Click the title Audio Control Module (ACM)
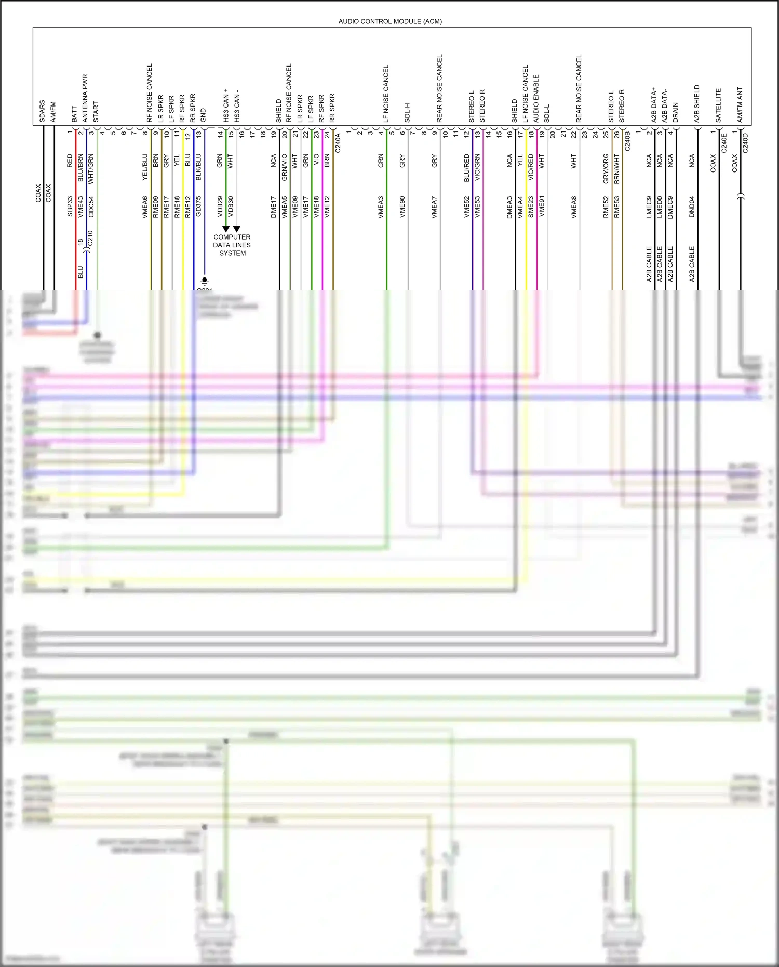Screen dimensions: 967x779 [390, 21]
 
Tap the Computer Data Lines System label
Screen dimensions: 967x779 [232, 245]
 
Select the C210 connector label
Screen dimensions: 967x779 [90, 239]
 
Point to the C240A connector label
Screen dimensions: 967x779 [338, 143]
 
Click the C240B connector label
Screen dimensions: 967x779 [627, 141]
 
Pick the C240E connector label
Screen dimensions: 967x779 [724, 143]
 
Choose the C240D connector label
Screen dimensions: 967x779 [745, 143]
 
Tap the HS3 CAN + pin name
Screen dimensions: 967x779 [226, 105]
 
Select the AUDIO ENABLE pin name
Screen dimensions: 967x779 [536, 99]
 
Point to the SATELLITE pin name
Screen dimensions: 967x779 [719, 105]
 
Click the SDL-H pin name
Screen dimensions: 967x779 [407, 113]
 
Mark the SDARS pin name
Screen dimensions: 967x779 [42, 111]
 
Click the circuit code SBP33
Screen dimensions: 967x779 [70, 206]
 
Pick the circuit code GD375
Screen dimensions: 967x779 [198, 206]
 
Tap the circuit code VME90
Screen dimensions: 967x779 [402, 206]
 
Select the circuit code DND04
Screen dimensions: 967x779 [692, 206]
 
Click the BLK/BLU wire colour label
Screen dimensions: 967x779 [198, 167]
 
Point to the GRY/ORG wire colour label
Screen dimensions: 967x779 [606, 168]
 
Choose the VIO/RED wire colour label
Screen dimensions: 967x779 [531, 167]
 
